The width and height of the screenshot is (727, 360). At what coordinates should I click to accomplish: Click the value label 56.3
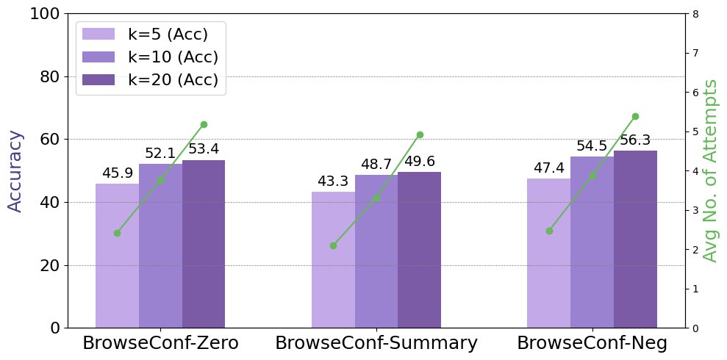(x=635, y=141)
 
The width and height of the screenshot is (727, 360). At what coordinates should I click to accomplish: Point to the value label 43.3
(x=333, y=181)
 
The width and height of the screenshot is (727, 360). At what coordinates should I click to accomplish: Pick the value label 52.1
(x=160, y=154)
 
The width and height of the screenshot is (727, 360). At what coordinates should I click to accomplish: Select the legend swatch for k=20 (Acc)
(x=98, y=79)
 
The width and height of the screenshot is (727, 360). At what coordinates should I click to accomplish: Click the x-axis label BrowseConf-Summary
(x=376, y=343)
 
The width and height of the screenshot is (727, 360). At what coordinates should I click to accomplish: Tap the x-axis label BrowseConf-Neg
(x=592, y=343)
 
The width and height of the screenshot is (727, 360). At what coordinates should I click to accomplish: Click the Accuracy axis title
(x=16, y=170)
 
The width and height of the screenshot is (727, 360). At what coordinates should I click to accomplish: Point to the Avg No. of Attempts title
(x=710, y=170)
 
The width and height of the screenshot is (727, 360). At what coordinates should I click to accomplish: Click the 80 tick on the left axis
(x=51, y=76)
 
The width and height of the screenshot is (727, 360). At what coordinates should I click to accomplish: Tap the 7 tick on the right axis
(x=695, y=53)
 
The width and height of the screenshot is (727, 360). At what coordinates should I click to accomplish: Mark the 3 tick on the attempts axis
(x=695, y=210)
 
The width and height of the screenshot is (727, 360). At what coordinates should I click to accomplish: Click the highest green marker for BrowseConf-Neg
(x=635, y=116)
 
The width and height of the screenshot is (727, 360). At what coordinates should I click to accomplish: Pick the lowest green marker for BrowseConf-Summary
(x=333, y=245)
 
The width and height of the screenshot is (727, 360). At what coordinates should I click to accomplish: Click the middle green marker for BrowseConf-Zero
(x=160, y=181)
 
